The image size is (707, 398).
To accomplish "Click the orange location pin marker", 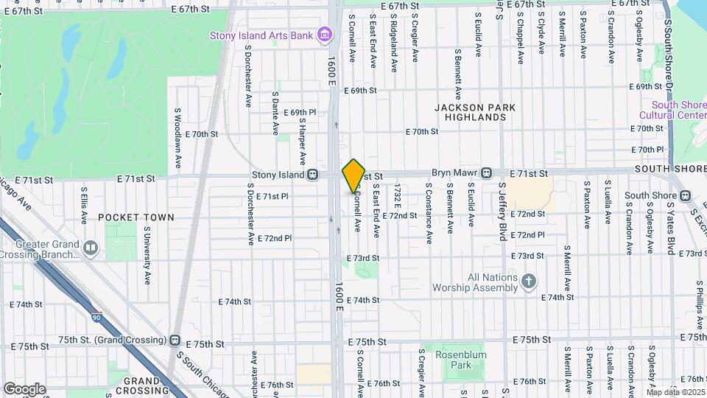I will coord(353,175).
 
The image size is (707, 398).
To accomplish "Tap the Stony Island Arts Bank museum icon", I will coord(323,35).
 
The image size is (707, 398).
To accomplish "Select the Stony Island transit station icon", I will coord(313,175).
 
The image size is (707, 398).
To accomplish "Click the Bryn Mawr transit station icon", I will coord(487,173).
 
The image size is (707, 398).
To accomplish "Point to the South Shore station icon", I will coord(685,195).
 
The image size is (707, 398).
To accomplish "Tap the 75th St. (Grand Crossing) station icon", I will coord(175,341).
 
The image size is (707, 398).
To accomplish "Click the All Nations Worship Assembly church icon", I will coord(528,281).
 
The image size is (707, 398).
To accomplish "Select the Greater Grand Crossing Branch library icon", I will coord(91,248).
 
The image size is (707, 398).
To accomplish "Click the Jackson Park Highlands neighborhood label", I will coord(475,112).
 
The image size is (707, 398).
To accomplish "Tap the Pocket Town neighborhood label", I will coord(136,217).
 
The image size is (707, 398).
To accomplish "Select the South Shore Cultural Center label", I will coord(672,110).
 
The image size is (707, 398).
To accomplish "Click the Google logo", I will coord(24,389).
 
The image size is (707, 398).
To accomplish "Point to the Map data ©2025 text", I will coord(675,392).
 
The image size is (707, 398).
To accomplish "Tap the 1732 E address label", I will coord(396,198).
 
